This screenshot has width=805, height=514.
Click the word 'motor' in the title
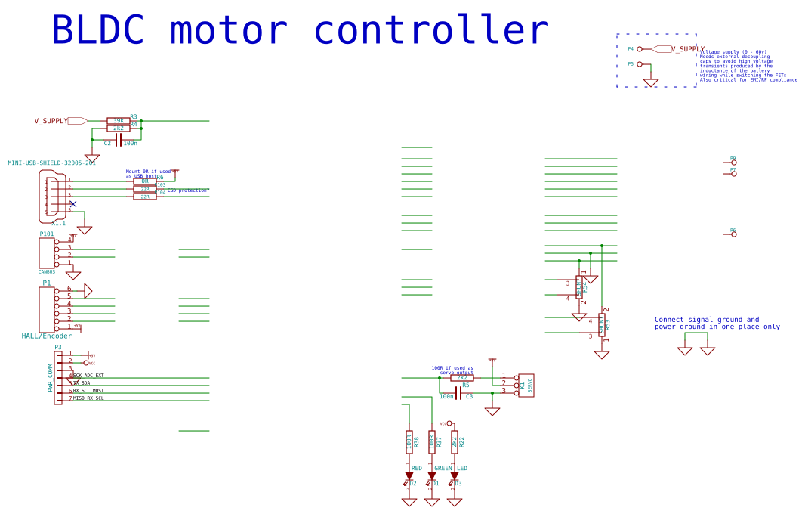(228, 31)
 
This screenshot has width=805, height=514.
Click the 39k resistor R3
(119, 121)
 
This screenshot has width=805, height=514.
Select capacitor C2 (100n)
(119, 140)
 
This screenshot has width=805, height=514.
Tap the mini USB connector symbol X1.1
(53, 197)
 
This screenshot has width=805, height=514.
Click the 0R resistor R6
(144, 181)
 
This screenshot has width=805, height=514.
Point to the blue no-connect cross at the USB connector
(72, 204)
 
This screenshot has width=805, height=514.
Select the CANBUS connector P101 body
(46, 252)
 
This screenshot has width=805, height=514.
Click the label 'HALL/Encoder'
(47, 336)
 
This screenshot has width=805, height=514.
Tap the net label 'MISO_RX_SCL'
(89, 398)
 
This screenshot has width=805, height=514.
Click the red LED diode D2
(409, 477)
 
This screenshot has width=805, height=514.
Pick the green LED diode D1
(432, 477)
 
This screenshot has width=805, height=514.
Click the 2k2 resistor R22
(455, 442)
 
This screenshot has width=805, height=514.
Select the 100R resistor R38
(409, 442)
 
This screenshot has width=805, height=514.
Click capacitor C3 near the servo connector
(458, 393)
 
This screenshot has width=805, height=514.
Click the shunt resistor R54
(579, 287)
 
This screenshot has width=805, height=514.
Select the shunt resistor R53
(602, 325)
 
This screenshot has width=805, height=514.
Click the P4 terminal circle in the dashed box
(640, 49)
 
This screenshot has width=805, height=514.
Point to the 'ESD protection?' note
(188, 190)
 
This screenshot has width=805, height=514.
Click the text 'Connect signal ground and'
(707, 320)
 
